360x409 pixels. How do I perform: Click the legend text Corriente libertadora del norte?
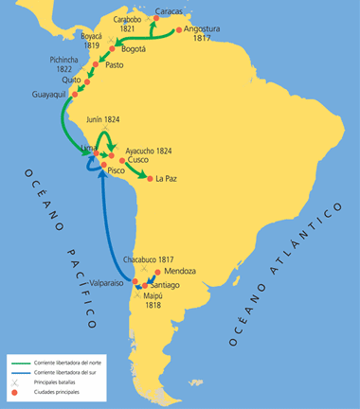(x=70, y=363)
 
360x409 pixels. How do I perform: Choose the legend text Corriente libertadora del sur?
(x=68, y=373)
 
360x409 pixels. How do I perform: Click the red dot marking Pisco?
(x=99, y=170)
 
